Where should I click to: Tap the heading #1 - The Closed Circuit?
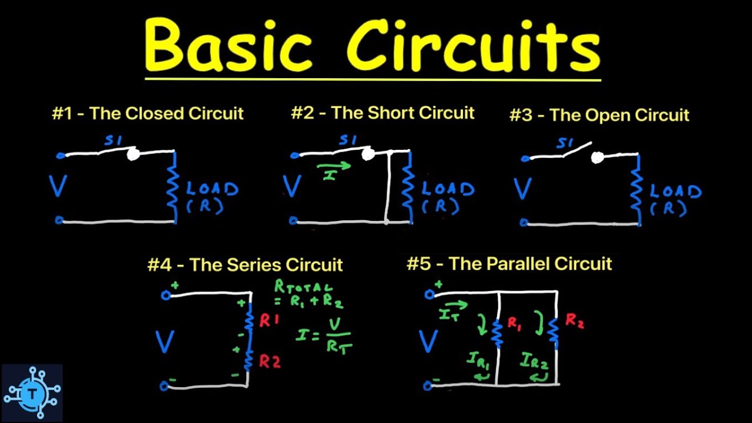(x=147, y=113)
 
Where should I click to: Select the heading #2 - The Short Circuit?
(x=382, y=113)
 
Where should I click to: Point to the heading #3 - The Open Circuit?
(x=599, y=115)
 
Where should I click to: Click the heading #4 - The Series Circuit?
(x=245, y=264)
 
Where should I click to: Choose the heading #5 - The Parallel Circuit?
(x=509, y=264)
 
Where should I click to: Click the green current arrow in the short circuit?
(x=334, y=166)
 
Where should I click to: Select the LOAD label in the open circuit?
(x=676, y=192)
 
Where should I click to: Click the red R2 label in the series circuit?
(x=270, y=362)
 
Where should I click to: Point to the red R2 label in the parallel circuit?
(x=574, y=321)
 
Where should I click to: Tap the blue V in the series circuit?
(x=164, y=341)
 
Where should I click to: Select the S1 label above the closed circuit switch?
(x=113, y=140)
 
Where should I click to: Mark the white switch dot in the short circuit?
(x=368, y=154)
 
